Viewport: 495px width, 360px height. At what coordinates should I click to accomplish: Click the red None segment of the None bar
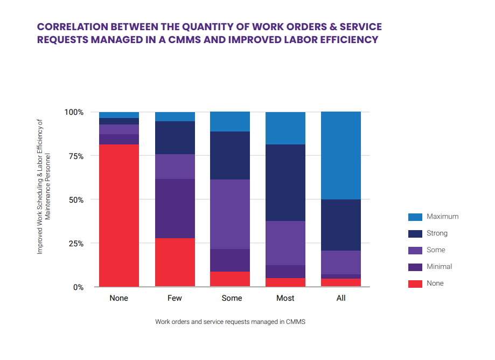pyautogui.click(x=118, y=216)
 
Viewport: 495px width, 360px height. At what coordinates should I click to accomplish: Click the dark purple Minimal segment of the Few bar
pyautogui.click(x=175, y=208)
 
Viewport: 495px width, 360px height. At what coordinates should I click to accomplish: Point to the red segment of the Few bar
pyautogui.click(x=175, y=262)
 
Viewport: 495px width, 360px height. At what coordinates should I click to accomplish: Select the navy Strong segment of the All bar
pyautogui.click(x=341, y=225)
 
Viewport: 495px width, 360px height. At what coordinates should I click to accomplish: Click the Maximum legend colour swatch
pyautogui.click(x=415, y=217)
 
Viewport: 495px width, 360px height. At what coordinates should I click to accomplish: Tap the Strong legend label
pyautogui.click(x=437, y=233)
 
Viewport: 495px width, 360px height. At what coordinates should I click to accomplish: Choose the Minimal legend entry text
pyautogui.click(x=439, y=267)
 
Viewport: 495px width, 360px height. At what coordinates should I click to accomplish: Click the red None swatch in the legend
pyautogui.click(x=415, y=283)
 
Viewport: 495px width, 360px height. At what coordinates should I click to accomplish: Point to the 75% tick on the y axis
pyautogui.click(x=74, y=156)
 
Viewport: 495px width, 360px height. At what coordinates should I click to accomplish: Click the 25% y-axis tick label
pyautogui.click(x=74, y=244)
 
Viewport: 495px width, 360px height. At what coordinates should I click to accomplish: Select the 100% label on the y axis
pyautogui.click(x=73, y=112)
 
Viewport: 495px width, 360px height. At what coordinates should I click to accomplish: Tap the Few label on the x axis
pyautogui.click(x=175, y=298)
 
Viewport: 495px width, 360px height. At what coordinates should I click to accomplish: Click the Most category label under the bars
pyautogui.click(x=285, y=298)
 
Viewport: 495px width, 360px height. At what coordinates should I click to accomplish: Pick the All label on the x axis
pyautogui.click(x=341, y=298)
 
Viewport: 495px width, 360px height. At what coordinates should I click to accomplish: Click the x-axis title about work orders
pyautogui.click(x=231, y=322)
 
